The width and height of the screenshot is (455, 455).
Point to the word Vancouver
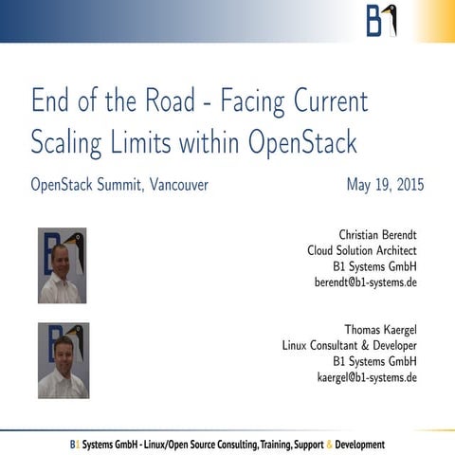click(x=178, y=184)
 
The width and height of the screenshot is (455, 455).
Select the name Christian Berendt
click(x=377, y=234)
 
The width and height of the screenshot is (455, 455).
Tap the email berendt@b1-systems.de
click(x=365, y=282)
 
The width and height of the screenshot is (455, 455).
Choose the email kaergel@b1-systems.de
click(x=366, y=377)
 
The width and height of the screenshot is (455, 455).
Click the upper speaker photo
click(x=62, y=265)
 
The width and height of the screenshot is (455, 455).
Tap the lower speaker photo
click(x=62, y=360)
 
